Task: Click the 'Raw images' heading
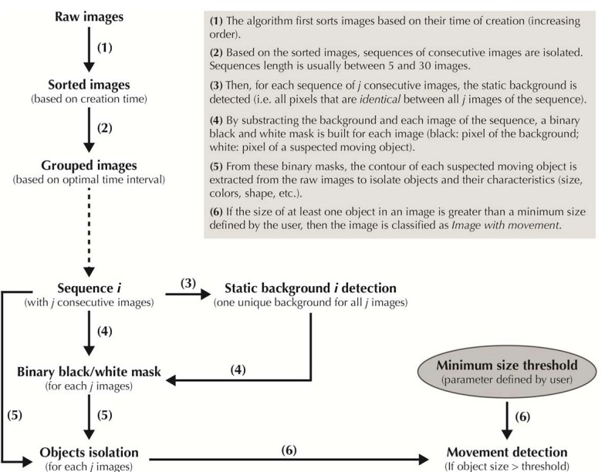[90, 17]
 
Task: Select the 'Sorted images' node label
[90, 85]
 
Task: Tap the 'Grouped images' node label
[90, 165]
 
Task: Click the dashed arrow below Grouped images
[90, 232]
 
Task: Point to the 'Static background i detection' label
[310, 288]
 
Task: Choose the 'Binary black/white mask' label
[90, 372]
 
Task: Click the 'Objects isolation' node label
[90, 452]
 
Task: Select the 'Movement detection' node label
[507, 452]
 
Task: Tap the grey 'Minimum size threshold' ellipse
[507, 372]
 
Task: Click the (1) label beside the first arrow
[105, 48]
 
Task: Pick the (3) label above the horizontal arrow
[188, 284]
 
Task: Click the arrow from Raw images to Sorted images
[90, 49]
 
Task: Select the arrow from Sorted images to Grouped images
[90, 130]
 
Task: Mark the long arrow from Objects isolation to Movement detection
[289, 460]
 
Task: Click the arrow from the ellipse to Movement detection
[506, 420]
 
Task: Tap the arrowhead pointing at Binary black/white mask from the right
[171, 380]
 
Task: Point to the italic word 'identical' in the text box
[380, 99]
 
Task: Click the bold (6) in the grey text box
[216, 211]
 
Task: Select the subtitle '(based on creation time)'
[90, 99]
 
